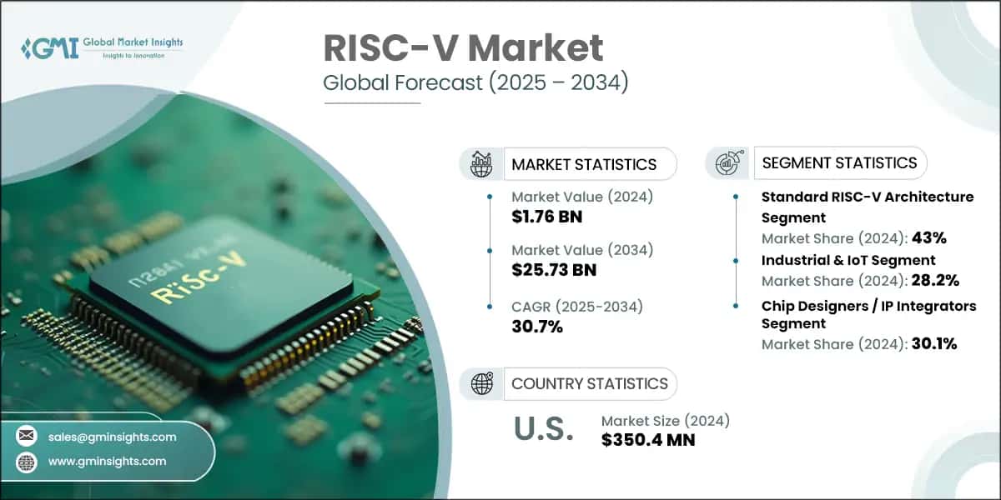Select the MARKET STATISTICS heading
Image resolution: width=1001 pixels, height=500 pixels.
point(584,164)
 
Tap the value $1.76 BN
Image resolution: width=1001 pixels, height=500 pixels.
point(546,217)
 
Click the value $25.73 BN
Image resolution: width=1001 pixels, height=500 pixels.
point(553,270)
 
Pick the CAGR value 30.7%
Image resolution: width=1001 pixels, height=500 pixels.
point(536,327)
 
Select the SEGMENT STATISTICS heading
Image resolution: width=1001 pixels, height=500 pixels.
point(839,162)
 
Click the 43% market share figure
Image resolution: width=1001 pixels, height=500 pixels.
point(928,238)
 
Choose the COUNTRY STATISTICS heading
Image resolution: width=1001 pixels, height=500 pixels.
point(589,383)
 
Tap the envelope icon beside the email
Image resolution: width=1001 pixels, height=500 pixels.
point(28,437)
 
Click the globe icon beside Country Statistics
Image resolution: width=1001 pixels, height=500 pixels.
point(482,383)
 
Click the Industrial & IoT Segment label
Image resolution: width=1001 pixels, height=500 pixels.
point(848,260)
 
